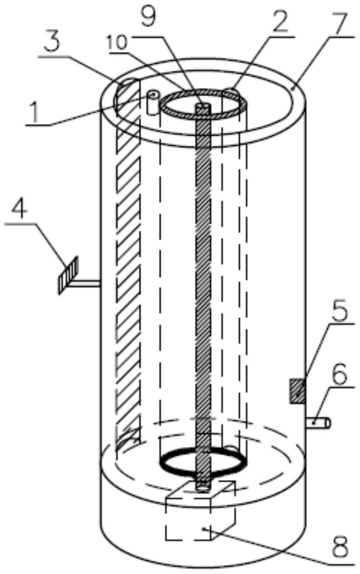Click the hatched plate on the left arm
pos(68,275)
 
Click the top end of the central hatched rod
pos(203,105)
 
